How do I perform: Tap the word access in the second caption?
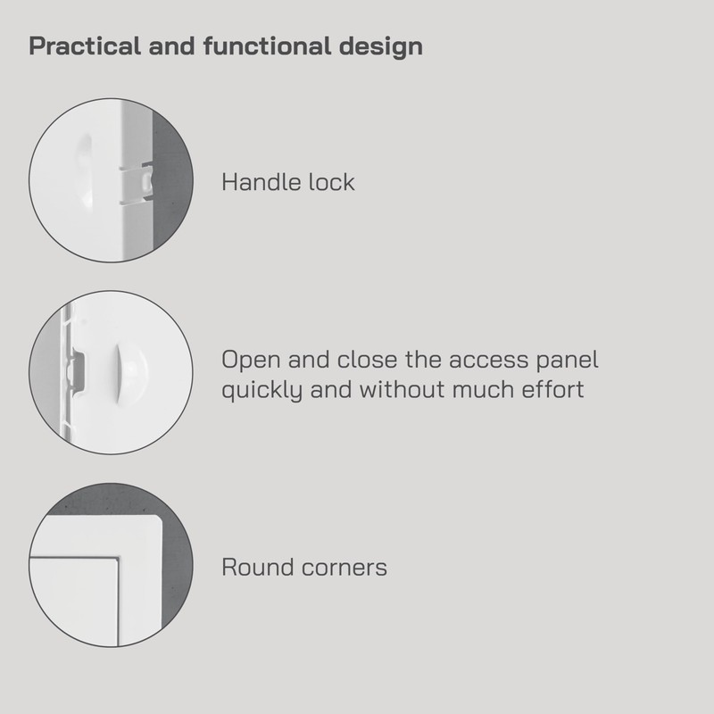(x=469, y=361)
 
